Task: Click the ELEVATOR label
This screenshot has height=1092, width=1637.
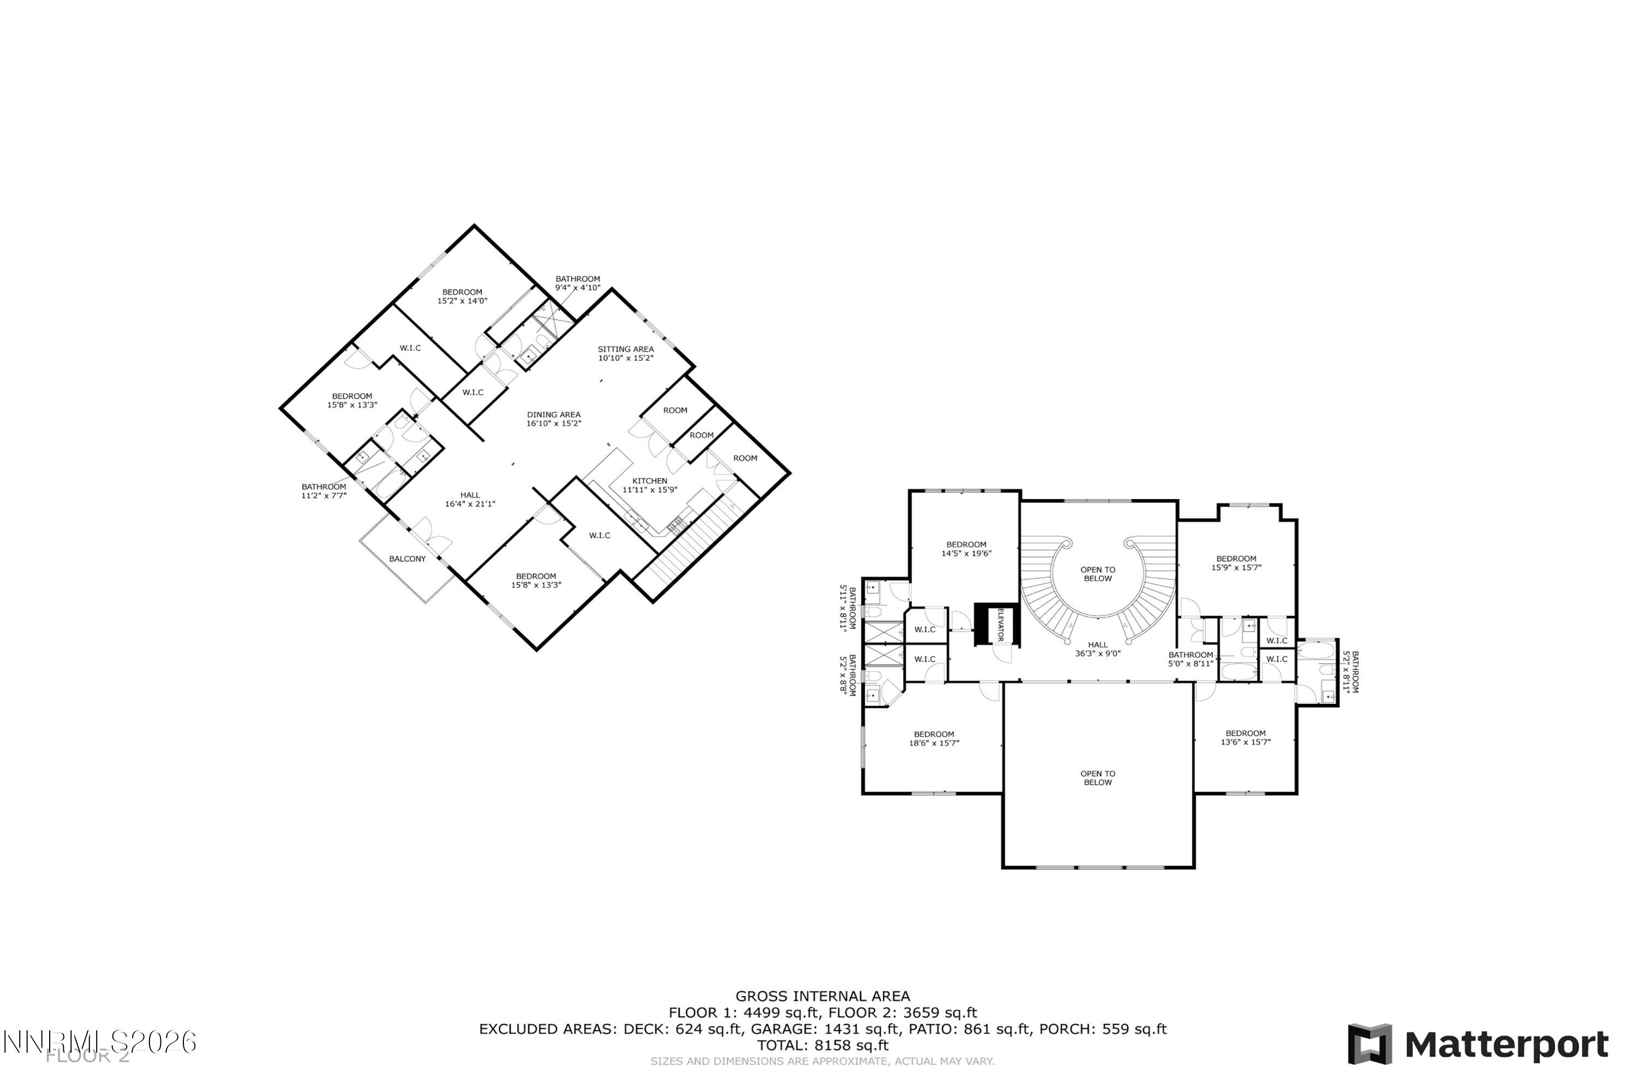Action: [1001, 625]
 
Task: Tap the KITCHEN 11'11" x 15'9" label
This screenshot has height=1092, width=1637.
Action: [649, 485]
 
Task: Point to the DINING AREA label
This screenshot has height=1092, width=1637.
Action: [553, 419]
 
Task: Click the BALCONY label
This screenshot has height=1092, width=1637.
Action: [407, 559]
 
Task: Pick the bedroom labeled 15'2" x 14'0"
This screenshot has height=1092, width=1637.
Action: [462, 296]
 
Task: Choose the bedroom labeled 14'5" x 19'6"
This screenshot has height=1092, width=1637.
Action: [966, 549]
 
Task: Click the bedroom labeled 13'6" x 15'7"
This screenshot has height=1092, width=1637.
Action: [1246, 738]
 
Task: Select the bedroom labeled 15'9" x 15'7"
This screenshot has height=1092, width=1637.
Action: [1236, 563]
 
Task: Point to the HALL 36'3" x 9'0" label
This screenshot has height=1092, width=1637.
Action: [1097, 649]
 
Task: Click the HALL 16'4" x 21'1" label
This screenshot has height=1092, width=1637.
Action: [470, 500]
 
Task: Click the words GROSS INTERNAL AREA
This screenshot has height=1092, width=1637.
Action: [823, 996]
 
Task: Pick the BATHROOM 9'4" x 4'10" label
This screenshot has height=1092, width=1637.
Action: [577, 283]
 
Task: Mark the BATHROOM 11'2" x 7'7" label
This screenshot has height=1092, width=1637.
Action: [324, 491]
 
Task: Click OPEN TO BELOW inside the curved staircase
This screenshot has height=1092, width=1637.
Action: [1097, 574]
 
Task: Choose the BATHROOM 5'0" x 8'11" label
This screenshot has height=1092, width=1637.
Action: [1191, 659]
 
